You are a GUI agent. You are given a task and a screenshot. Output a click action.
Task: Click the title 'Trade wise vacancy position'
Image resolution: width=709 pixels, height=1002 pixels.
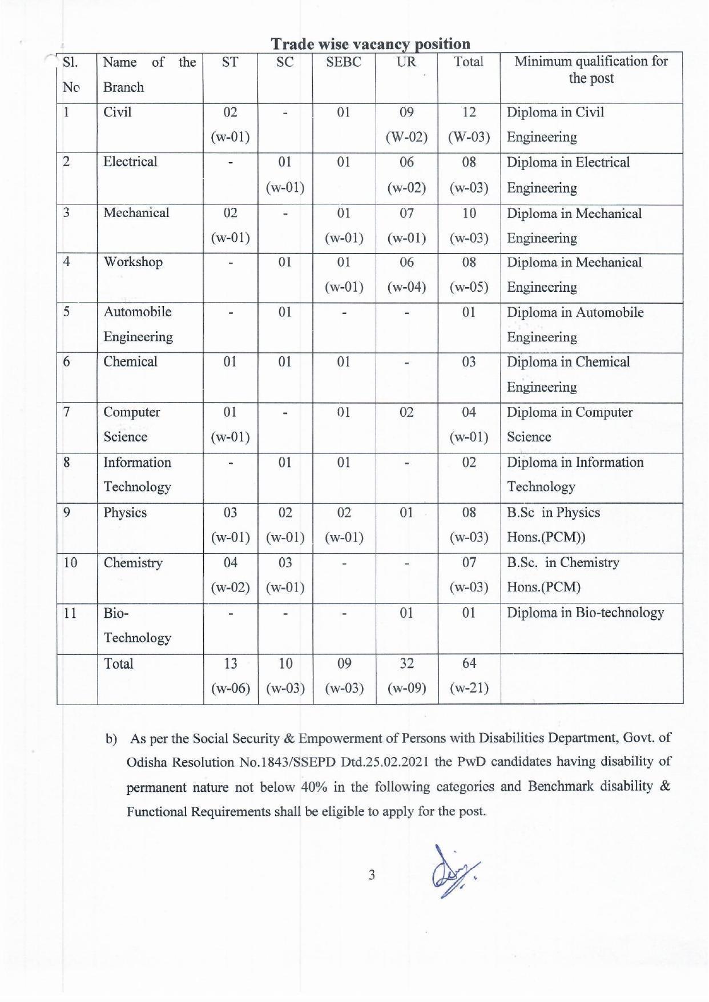[370, 44]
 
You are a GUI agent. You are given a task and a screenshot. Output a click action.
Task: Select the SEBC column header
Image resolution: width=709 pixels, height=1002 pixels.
[344, 62]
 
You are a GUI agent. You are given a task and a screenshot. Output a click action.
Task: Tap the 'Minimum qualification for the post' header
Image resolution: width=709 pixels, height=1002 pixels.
[591, 70]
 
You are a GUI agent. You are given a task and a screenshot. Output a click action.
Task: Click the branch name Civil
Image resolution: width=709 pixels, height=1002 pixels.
[118, 112]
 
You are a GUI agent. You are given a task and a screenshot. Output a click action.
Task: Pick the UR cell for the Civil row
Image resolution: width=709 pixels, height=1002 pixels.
[406, 124]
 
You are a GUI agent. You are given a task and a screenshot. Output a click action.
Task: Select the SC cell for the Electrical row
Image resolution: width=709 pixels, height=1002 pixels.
[285, 175]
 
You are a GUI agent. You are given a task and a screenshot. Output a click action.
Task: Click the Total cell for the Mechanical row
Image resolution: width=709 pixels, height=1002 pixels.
[469, 226]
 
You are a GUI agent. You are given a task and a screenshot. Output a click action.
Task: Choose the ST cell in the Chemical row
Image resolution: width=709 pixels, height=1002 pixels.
[230, 362]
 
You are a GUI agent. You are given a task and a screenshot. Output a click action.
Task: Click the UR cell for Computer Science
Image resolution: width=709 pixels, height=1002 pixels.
[406, 412]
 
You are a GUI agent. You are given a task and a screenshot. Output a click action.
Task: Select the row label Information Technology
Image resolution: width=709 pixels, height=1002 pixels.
[137, 474]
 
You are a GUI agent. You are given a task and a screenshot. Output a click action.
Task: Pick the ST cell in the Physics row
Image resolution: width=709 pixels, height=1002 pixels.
[230, 525]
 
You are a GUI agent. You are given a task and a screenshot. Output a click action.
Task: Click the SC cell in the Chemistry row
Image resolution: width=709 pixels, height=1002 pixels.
[285, 574]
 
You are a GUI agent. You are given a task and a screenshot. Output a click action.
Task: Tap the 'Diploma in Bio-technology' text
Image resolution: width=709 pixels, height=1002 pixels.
[585, 613]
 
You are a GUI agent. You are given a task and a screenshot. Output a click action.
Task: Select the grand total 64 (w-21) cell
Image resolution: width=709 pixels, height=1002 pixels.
[469, 675]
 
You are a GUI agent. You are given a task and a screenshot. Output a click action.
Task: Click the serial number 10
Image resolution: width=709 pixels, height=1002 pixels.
[70, 562]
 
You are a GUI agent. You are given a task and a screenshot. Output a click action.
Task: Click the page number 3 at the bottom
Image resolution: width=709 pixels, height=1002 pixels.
[372, 875]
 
